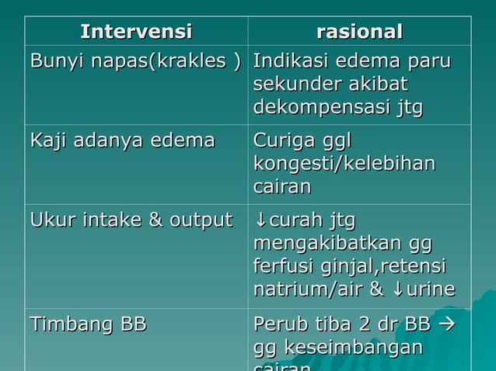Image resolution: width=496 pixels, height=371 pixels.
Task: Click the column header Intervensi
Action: point(136,32)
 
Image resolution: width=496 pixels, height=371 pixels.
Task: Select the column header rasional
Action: point(359,32)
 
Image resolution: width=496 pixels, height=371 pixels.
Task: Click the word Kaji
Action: point(47,141)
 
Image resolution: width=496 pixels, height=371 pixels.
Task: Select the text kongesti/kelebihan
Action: point(344,164)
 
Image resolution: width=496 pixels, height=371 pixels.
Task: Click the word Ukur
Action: point(49,220)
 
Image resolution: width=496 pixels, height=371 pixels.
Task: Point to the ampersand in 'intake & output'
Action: point(154,220)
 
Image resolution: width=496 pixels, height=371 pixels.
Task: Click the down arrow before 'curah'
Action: point(260,220)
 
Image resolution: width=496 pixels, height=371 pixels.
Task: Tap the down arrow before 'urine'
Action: point(397,290)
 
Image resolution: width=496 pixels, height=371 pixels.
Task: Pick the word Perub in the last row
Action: point(278,324)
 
